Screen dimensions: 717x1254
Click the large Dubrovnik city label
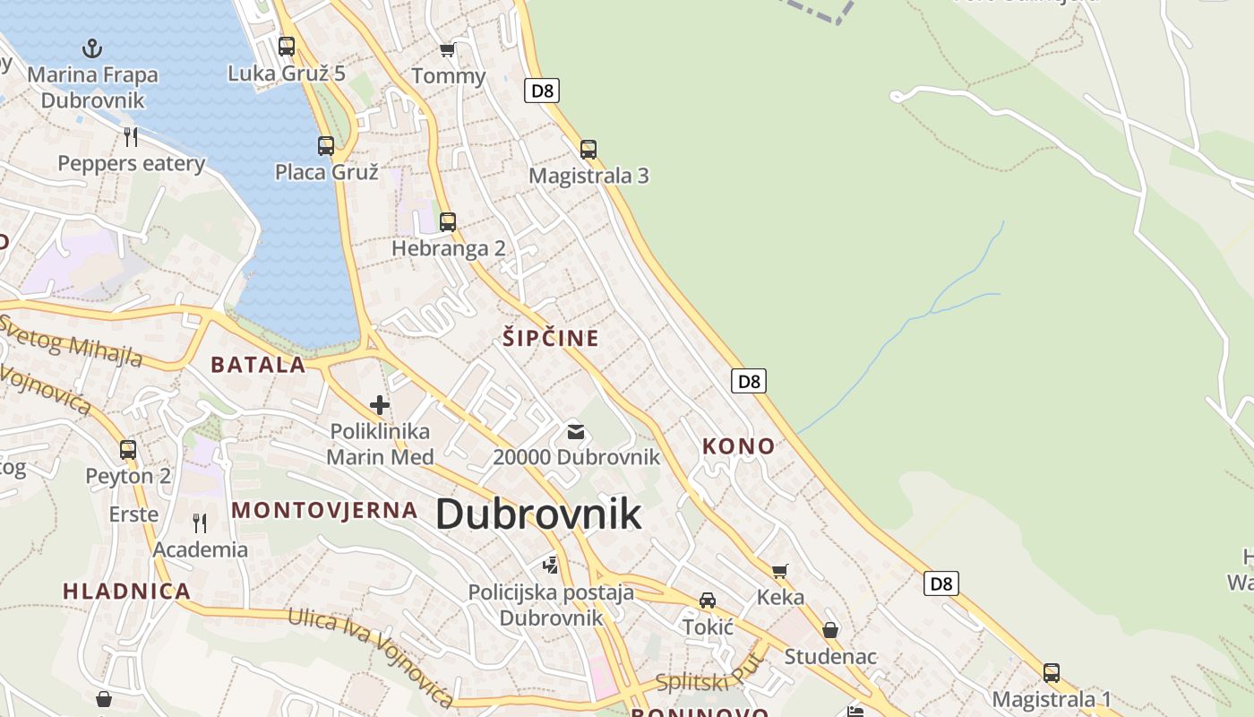538,514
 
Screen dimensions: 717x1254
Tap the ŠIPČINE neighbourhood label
550,338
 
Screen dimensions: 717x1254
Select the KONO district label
738,445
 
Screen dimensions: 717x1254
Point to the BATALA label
258,365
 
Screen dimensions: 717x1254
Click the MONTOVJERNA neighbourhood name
324,510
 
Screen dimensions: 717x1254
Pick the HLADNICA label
126,591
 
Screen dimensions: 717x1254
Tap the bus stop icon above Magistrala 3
588,150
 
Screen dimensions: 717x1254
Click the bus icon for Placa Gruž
326,145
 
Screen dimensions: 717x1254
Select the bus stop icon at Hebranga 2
448,221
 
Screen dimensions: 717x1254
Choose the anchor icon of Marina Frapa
91,48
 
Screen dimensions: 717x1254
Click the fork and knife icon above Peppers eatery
131,136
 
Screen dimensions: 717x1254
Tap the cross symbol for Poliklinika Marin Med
380,405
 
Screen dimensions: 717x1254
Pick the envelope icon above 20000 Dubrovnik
576,432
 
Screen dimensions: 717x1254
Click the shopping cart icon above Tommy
448,50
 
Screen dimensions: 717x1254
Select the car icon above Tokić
708,600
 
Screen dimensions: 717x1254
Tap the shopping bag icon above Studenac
830,630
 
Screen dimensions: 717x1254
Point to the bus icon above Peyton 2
128,449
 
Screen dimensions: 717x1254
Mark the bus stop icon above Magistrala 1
1052,672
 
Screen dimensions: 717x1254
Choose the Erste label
133,514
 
